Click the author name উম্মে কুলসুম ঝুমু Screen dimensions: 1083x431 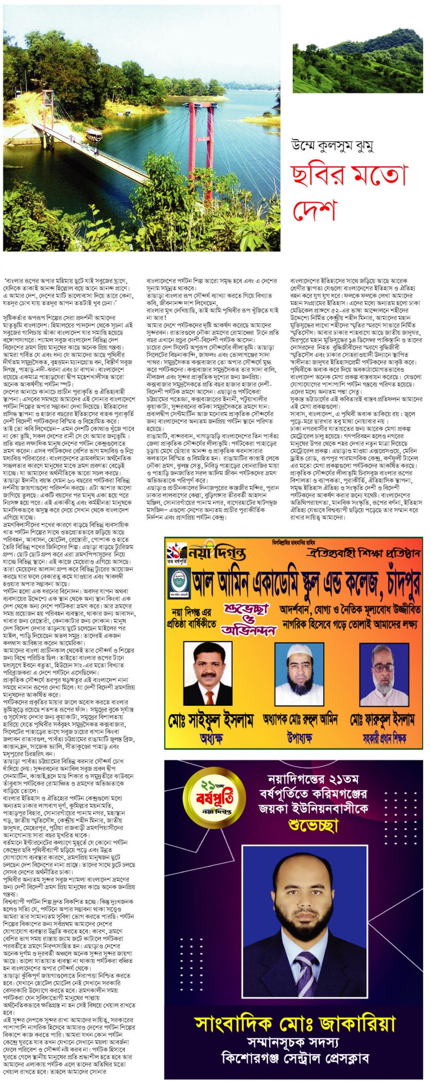pos(333,147)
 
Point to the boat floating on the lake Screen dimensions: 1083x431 pos(97,134)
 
